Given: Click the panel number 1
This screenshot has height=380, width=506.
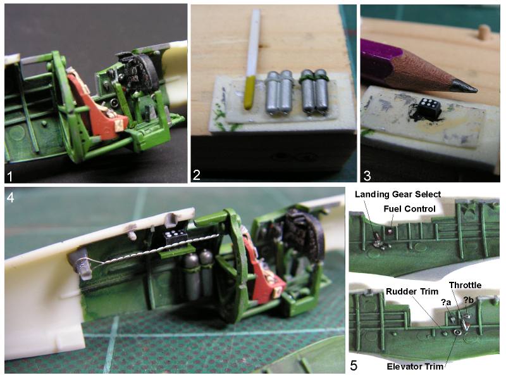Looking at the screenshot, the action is click(x=10, y=177).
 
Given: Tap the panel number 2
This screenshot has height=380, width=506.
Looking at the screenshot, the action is click(x=196, y=175).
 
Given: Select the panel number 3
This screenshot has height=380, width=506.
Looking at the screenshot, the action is click(x=367, y=176).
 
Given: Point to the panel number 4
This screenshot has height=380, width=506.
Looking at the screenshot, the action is click(x=10, y=197).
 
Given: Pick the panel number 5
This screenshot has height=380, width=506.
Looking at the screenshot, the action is click(x=354, y=365).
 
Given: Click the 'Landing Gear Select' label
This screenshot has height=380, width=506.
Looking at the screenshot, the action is click(x=398, y=194).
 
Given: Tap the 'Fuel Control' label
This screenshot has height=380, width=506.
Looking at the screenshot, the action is click(x=409, y=209).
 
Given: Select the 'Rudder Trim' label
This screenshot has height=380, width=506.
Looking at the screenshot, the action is click(x=412, y=291).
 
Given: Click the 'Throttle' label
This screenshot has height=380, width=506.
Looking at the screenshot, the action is click(x=465, y=285).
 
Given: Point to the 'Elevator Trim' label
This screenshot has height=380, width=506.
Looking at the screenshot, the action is click(x=415, y=367).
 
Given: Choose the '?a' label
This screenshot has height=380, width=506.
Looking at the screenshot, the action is click(x=446, y=302).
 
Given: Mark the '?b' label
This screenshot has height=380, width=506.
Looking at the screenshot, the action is click(x=469, y=300).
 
